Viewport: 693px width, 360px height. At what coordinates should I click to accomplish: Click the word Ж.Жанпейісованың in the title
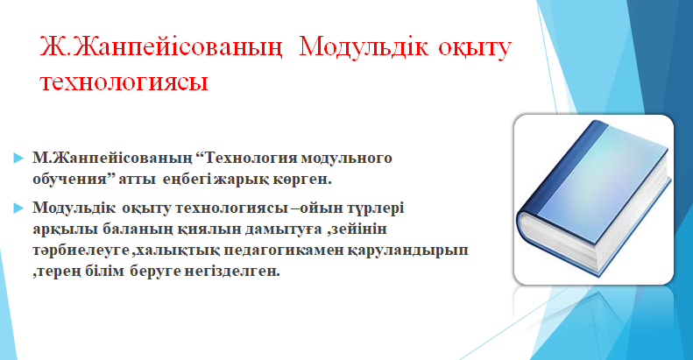tap(161, 47)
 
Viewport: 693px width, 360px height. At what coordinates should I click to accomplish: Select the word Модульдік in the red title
tap(364, 47)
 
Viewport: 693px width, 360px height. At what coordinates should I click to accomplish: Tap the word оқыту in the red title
tap(475, 47)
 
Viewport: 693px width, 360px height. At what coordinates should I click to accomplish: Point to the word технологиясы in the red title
tap(124, 81)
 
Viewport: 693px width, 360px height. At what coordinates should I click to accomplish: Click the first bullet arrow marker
tap(18, 159)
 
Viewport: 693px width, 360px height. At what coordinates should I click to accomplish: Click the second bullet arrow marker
tap(18, 208)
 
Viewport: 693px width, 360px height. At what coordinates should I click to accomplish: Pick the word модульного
tap(346, 159)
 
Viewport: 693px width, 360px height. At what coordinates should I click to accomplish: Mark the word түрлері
tap(376, 208)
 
